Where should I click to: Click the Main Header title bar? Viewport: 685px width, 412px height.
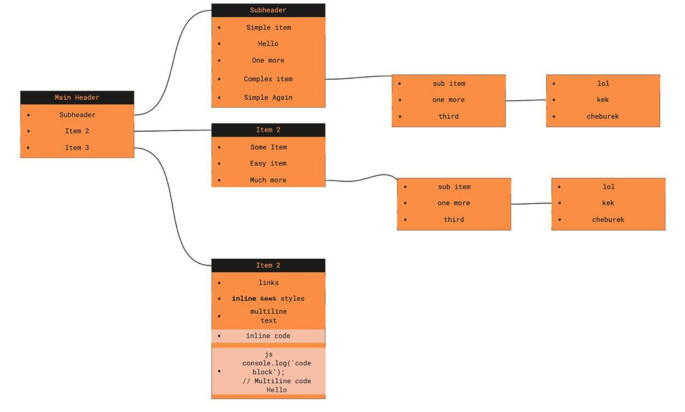pos(77,98)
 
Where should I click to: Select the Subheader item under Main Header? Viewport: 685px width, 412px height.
pos(77,115)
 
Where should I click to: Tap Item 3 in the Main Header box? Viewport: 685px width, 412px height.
pos(77,148)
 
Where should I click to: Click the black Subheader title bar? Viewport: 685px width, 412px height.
pos(268,10)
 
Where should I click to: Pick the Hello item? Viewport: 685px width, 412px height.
pos(268,43)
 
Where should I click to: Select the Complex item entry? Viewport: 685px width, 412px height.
pos(268,79)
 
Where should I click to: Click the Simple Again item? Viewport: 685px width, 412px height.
pos(268,98)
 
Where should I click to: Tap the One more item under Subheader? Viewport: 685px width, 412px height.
pos(268,60)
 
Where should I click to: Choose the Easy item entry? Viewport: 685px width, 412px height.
pos(268,163)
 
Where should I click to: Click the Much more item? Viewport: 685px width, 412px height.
pos(268,180)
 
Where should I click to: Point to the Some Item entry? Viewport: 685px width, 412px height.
pos(268,147)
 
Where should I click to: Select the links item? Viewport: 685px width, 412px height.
pos(268,282)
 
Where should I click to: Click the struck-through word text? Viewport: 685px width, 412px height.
pos(268,298)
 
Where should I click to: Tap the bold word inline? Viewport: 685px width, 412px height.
pos(244,298)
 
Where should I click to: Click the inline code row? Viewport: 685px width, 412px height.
pos(268,336)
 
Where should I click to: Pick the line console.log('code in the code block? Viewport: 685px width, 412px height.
pos(268,363)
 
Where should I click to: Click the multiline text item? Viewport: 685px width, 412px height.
pos(268,316)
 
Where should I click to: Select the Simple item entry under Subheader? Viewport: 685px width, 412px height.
pos(268,27)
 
